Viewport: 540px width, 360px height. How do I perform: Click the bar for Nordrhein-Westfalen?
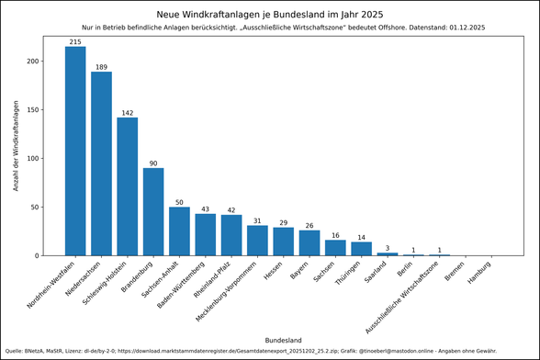click(75, 151)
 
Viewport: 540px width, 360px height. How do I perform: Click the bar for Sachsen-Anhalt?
click(179, 231)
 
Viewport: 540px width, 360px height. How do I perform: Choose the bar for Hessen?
click(284, 242)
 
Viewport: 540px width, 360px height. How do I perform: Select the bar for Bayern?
click(309, 242)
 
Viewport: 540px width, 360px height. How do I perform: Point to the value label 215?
click(75, 41)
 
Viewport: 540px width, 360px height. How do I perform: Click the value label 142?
click(128, 112)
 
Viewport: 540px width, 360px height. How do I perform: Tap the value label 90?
click(153, 163)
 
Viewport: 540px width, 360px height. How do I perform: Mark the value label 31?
click(257, 220)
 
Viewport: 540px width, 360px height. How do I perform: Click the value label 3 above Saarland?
click(388, 247)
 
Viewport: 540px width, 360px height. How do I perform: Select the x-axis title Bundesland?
click(283, 340)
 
